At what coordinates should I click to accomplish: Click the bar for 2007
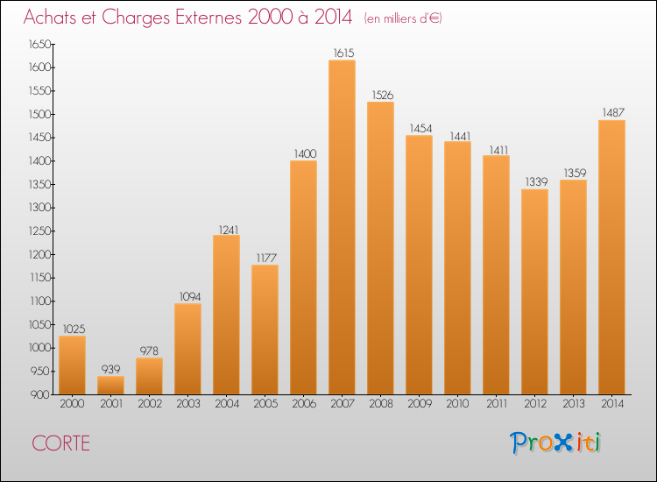tap(342, 228)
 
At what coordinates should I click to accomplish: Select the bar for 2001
tap(110, 386)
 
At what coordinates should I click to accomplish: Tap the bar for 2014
tap(611, 258)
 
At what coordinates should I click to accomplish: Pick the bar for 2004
tap(226, 315)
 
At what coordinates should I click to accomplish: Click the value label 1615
tap(342, 53)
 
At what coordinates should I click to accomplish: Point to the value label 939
tap(110, 370)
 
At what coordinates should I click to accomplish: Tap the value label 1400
tap(303, 154)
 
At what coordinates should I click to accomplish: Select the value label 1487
tap(611, 113)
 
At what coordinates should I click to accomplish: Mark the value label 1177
tap(265, 259)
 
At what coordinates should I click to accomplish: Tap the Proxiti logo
tap(555, 443)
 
